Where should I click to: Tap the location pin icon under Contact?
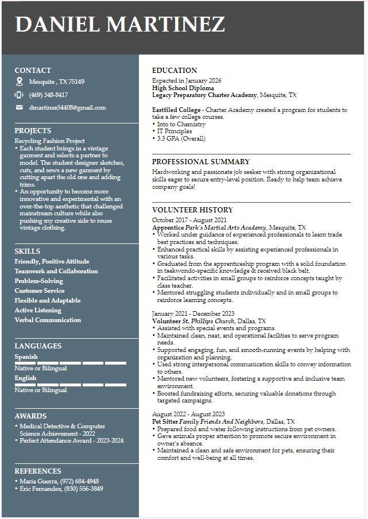tap(19, 82)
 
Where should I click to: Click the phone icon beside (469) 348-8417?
tap(19, 95)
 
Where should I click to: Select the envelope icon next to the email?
tap(19, 107)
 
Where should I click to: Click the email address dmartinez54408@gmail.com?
tap(68, 107)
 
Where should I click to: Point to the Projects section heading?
tap(33, 130)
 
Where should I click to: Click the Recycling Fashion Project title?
tap(49, 141)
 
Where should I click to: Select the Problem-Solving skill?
tap(39, 281)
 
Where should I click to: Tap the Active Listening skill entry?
tap(38, 310)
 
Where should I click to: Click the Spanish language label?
tap(26, 357)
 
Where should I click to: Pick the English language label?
tap(25, 378)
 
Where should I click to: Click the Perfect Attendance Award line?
tap(72, 440)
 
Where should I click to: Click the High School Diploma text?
tap(183, 88)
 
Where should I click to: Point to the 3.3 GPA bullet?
tap(181, 138)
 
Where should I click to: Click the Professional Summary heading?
tap(200, 162)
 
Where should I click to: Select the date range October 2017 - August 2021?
tap(189, 220)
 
